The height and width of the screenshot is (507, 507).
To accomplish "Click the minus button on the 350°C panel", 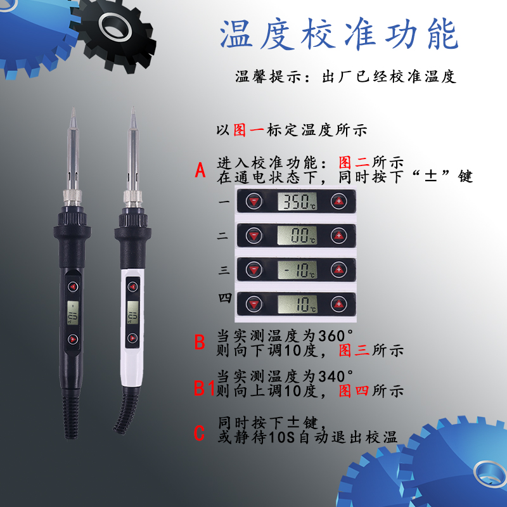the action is (254, 201).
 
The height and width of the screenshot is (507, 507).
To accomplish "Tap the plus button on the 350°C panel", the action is (338, 201).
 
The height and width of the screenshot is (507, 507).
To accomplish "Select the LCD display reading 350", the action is (297, 201).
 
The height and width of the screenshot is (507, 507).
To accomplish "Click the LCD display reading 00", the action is (297, 235).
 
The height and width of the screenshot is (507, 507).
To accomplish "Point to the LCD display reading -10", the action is (297, 270).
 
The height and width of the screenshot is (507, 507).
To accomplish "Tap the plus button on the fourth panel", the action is (338, 304).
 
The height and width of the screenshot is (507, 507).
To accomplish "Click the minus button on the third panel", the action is (254, 270).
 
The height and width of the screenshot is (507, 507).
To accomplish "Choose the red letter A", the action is (200, 170).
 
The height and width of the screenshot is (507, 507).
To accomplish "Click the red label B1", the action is (204, 388).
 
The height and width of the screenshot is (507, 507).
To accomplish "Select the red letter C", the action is (199, 433).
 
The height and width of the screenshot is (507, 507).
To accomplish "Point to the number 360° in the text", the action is (335, 336).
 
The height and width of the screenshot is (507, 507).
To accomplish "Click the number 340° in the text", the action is (335, 376).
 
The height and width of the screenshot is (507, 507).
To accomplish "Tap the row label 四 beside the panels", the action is (225, 298).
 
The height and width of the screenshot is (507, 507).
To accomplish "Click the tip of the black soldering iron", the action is (74, 108).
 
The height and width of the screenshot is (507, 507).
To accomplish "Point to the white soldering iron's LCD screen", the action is (132, 312).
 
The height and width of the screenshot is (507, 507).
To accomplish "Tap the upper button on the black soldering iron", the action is (73, 286).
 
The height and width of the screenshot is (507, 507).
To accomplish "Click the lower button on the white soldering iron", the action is (132, 338).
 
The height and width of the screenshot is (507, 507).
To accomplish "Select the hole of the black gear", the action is (115, 28).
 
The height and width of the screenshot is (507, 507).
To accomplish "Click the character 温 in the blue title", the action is (236, 34).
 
